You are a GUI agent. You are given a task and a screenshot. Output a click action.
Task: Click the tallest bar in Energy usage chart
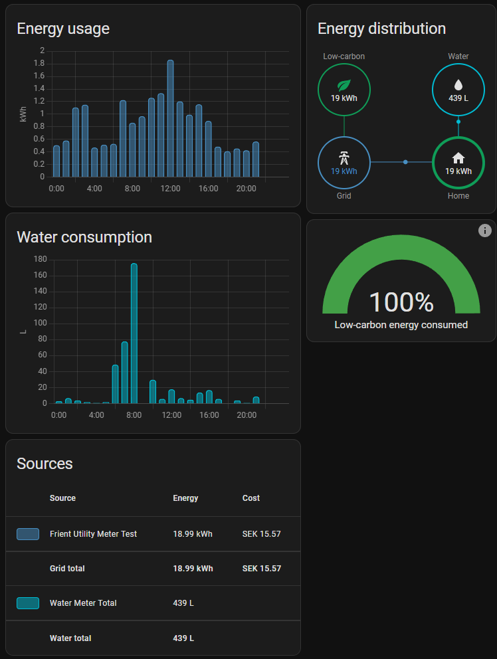click(x=170, y=118)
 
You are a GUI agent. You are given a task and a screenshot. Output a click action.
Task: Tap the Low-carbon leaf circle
click(x=344, y=90)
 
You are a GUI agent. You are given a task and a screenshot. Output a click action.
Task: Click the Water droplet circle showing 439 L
click(x=458, y=90)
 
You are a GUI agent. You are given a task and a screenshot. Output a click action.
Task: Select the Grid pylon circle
click(x=344, y=163)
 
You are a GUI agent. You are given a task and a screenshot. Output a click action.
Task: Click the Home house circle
click(x=458, y=163)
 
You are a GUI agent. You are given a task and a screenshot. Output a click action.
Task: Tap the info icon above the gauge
click(x=485, y=231)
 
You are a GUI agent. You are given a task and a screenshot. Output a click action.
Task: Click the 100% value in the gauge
click(x=401, y=302)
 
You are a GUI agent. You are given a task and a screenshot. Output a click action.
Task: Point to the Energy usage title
click(x=63, y=29)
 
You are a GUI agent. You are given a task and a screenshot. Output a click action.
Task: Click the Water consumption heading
click(x=84, y=237)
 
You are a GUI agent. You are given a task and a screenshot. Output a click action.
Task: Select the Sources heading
click(x=45, y=464)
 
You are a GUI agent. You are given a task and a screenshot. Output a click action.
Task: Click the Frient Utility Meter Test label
click(x=93, y=534)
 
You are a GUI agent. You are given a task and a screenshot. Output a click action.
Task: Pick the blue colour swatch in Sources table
click(x=28, y=534)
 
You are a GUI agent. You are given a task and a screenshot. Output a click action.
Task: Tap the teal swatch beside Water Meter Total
click(x=28, y=603)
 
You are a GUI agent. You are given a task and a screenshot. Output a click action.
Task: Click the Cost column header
click(x=251, y=498)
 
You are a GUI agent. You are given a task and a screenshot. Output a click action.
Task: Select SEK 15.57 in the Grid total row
click(x=261, y=569)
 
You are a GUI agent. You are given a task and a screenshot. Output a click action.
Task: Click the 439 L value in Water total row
click(x=183, y=638)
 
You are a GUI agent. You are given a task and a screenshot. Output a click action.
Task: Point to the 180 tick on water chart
click(x=39, y=259)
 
